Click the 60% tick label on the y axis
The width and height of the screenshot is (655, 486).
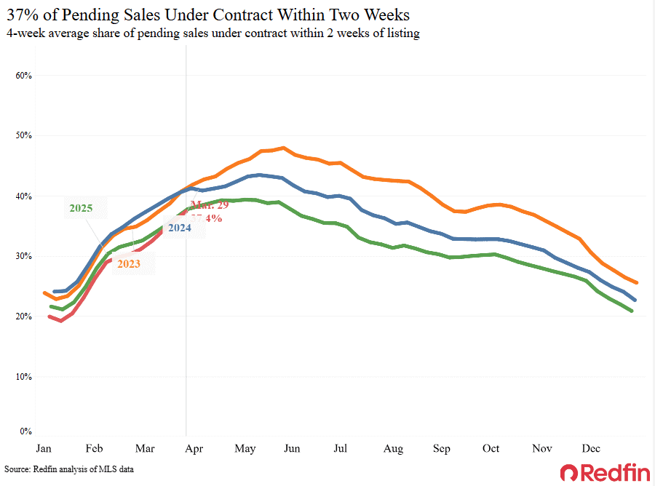coord(24,76)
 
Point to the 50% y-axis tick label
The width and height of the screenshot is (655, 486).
coord(24,135)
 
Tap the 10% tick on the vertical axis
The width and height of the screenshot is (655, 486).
coord(24,377)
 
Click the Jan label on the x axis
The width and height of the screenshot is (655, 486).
coord(44,449)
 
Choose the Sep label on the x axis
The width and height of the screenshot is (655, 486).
coord(442,449)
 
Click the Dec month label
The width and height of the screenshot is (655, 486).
coord(590,449)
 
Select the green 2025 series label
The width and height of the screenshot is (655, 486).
coord(81,208)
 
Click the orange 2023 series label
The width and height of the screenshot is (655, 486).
coord(129,263)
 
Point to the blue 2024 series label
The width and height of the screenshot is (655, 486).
coord(180,228)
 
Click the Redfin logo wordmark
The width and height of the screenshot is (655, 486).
coord(605,473)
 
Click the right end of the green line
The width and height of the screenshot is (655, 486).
coord(631,311)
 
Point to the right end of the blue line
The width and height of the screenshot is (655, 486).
coord(635,300)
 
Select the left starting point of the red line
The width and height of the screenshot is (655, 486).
coord(49,316)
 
